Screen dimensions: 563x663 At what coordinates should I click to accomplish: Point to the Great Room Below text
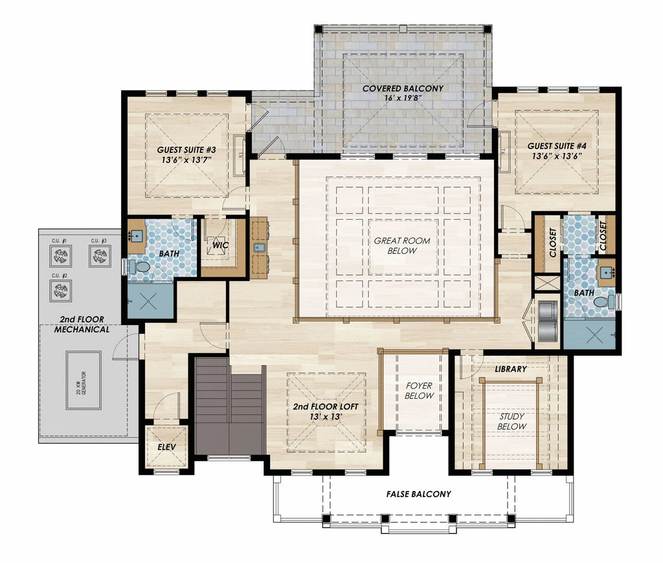coord(401,246)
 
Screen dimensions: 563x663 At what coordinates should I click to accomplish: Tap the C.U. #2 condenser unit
coord(61,290)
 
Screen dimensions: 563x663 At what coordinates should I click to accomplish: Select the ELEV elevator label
coord(166,447)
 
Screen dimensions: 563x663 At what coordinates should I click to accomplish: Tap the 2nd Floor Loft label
coord(325,412)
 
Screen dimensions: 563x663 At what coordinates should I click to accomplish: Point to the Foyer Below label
coord(419,391)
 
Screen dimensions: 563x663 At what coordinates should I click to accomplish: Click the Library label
coord(510,369)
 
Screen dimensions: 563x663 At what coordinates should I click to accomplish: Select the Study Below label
coord(512,421)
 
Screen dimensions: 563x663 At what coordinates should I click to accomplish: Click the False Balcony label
coord(419,494)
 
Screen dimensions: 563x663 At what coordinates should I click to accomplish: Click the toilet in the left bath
coord(137,267)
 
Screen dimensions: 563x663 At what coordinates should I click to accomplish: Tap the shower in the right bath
coord(590,333)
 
